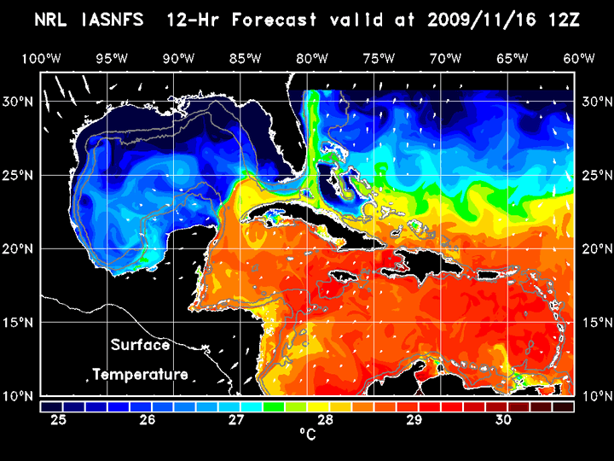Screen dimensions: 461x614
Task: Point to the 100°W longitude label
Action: pos(41,58)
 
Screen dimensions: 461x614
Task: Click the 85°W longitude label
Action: pos(245,58)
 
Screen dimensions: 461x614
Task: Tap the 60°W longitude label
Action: pos(580,58)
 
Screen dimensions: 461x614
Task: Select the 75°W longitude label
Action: pos(379,58)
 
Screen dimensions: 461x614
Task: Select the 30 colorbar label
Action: pos(503,420)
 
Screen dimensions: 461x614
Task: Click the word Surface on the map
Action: pos(140,346)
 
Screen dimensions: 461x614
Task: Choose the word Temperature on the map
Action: pos(140,374)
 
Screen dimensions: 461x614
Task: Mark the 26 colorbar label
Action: pos(148,420)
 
